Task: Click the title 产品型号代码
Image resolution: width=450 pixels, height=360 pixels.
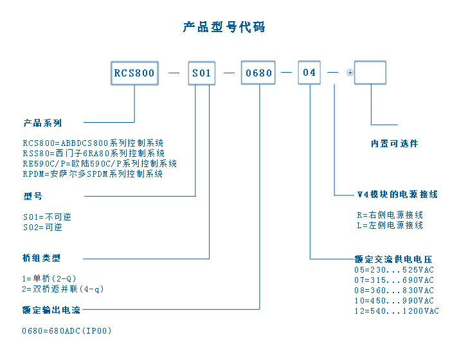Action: [224, 27]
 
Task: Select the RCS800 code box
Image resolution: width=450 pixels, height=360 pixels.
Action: [134, 73]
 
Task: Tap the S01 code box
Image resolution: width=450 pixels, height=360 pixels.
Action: [202, 73]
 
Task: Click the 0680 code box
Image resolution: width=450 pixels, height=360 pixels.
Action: [260, 73]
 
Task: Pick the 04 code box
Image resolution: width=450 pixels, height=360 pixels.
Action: [309, 73]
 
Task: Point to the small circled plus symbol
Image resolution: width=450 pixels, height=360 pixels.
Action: [350, 73]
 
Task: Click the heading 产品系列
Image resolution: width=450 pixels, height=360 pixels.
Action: [42, 122]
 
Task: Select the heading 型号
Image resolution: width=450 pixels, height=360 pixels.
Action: [33, 196]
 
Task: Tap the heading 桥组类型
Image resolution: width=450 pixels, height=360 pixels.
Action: [42, 258]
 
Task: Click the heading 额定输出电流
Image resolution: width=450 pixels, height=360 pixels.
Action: [51, 310]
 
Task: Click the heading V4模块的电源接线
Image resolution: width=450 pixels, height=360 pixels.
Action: [397, 194]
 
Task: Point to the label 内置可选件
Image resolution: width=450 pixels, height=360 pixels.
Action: [394, 143]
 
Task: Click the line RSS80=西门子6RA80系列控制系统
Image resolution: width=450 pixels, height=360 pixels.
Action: [94, 153]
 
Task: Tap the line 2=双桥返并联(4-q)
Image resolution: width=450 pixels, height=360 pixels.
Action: [63, 289]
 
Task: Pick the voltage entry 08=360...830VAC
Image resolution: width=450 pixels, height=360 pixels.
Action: [394, 290]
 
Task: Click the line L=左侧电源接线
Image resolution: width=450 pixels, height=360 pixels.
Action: [390, 225]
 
